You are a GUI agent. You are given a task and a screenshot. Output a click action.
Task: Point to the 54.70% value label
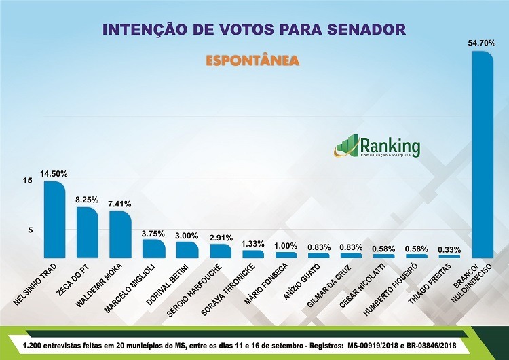pos(481,43)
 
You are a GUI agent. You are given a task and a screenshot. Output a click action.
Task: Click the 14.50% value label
pos(54,174)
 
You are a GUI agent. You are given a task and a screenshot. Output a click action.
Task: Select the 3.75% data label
pos(153,234)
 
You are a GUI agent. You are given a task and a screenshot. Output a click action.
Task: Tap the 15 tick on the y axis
pos(27,181)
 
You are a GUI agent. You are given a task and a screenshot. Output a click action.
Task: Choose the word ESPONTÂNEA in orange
pos(253,60)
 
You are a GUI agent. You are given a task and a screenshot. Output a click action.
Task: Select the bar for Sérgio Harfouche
pos(220,251)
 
